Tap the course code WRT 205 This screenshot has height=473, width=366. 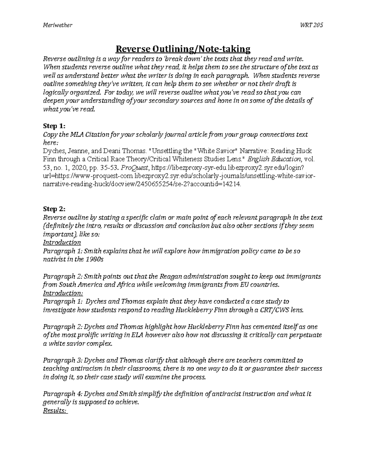click(x=311, y=25)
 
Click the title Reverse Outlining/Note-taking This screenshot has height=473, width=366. click(x=182, y=49)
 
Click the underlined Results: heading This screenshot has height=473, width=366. click(x=55, y=411)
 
